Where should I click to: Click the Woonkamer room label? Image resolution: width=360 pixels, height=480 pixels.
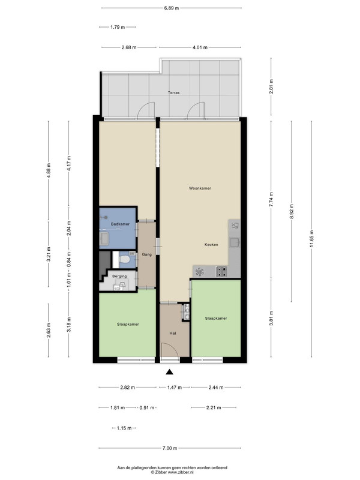(x=200, y=188)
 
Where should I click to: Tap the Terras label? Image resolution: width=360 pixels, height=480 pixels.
(x=173, y=92)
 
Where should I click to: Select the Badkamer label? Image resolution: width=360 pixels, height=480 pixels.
(x=120, y=224)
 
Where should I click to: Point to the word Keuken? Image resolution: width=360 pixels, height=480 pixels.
(x=211, y=245)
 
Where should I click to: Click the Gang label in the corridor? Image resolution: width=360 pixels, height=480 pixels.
(x=146, y=254)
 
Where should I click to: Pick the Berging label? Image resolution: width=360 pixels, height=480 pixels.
(x=119, y=276)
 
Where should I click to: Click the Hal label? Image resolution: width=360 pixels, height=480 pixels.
(x=173, y=334)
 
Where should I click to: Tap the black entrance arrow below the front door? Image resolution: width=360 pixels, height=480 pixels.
(x=170, y=372)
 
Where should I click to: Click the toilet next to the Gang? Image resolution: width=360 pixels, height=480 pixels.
(x=125, y=260)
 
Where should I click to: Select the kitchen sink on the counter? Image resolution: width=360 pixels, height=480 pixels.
(x=235, y=243)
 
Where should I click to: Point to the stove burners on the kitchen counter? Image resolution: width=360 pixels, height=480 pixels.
(x=221, y=271)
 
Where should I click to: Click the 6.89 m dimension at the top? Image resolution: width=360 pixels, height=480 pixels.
(x=172, y=8)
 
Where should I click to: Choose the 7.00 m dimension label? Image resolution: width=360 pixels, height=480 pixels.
(x=170, y=448)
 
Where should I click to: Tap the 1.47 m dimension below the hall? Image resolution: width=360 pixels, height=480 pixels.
(x=175, y=387)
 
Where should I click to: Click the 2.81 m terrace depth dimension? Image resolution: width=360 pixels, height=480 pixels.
(x=271, y=86)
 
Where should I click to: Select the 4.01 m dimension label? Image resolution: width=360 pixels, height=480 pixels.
(x=200, y=47)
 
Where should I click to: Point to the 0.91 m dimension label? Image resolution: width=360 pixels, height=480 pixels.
(x=147, y=408)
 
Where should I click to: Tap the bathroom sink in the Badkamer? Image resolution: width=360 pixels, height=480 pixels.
(x=104, y=239)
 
